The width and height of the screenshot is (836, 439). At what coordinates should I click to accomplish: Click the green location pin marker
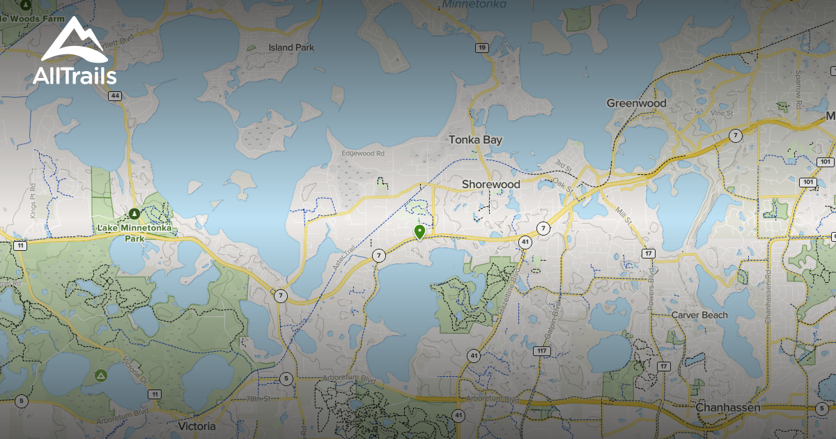(419, 232)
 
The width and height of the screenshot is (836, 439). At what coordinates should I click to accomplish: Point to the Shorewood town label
(491, 184)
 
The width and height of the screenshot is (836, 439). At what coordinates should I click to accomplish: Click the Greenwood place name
(636, 103)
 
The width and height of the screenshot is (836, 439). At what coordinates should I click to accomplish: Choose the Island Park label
(291, 47)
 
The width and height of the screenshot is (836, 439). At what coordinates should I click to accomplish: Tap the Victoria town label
(197, 426)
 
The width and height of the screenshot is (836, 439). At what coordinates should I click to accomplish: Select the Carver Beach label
(699, 315)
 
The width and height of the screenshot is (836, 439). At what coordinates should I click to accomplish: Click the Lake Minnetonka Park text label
(134, 233)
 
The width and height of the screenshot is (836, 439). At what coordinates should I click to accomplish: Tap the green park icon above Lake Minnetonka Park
(134, 213)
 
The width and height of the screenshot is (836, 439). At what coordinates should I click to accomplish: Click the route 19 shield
(482, 47)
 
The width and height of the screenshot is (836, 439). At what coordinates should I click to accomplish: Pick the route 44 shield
(115, 95)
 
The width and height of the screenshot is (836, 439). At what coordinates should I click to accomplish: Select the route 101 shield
(807, 182)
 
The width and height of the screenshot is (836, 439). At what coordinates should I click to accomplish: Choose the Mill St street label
(622, 213)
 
